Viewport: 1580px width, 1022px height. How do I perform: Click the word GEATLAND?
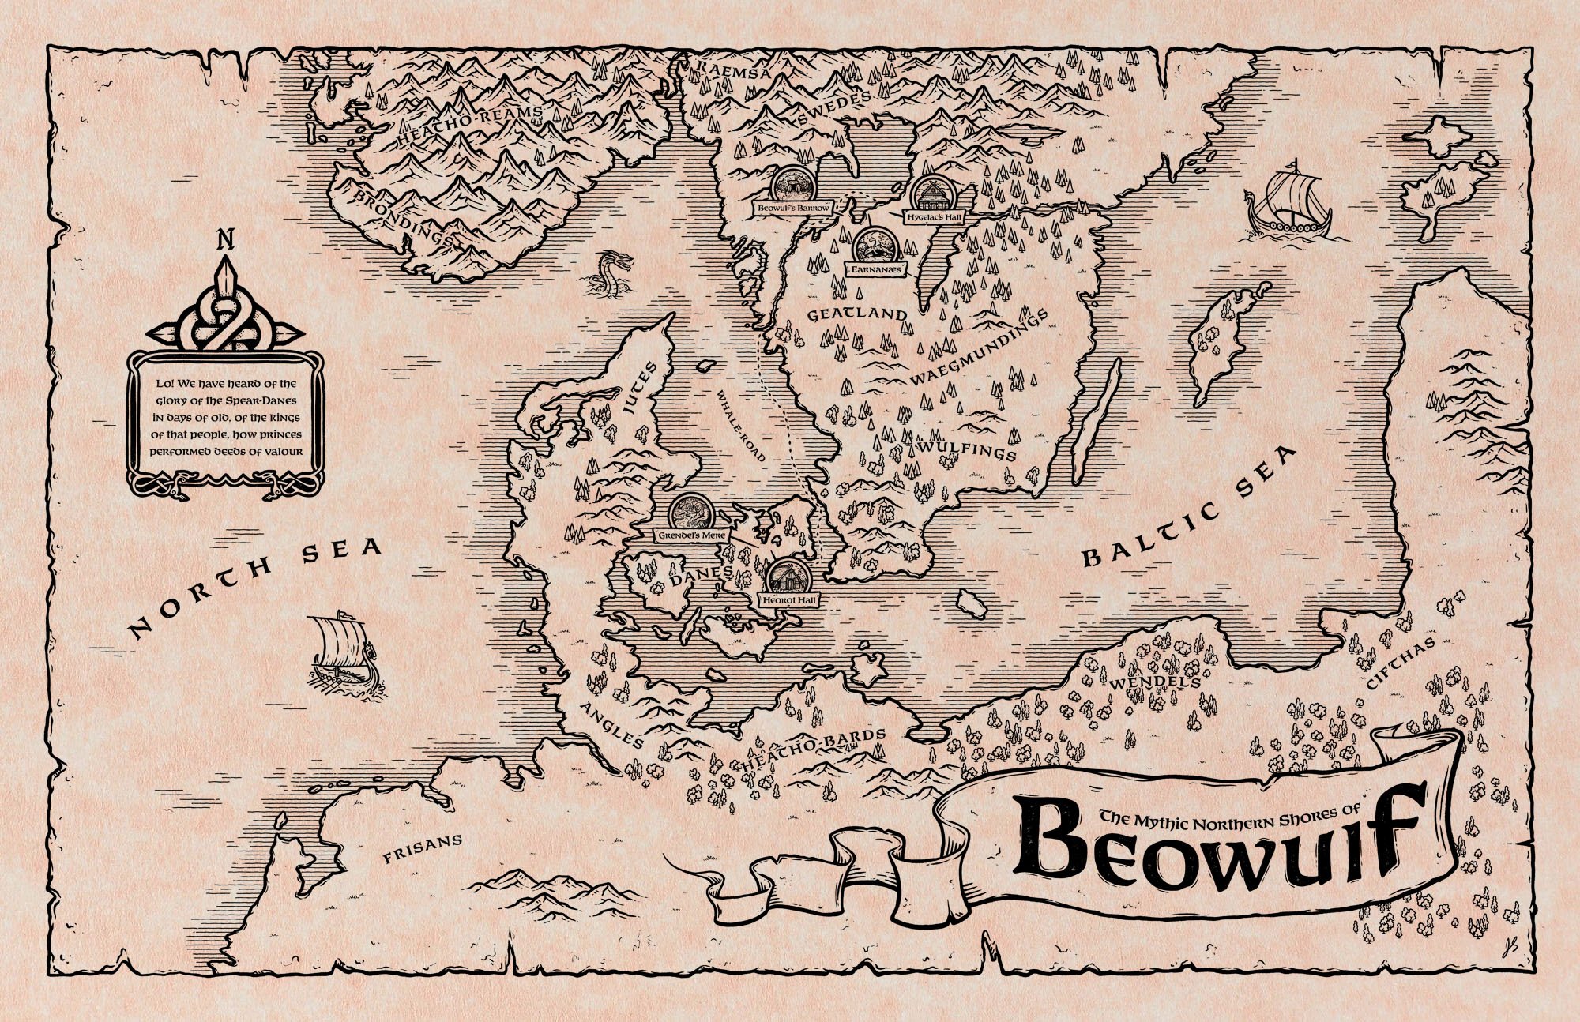(857, 314)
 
